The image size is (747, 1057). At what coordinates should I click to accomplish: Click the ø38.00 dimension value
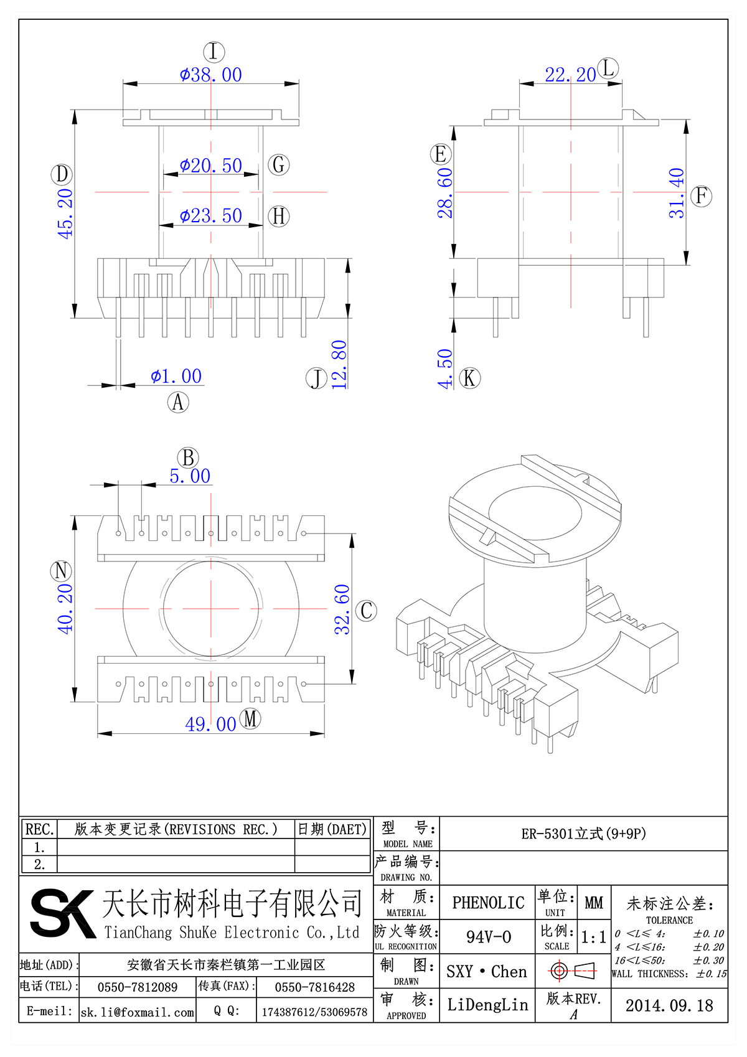point(210,75)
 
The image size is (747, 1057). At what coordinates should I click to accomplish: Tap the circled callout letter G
point(279,165)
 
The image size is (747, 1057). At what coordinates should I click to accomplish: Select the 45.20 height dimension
point(65,214)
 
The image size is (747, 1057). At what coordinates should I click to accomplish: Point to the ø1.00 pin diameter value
point(176,376)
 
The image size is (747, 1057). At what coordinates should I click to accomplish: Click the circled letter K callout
point(470,378)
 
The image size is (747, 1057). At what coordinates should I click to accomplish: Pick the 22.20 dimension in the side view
point(570,75)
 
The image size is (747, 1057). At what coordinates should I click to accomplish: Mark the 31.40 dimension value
point(677,193)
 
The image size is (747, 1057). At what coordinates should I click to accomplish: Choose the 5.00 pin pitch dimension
point(190,476)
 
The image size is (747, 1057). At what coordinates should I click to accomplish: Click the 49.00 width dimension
point(210,724)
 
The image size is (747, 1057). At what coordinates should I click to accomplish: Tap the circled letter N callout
point(61,571)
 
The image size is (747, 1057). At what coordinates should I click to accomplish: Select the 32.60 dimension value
point(342,609)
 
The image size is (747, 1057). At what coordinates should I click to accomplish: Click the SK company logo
point(62,913)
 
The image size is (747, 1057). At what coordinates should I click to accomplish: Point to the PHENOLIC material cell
point(488,903)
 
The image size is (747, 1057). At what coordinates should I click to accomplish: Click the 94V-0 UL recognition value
point(488,937)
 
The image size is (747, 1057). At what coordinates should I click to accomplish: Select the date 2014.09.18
point(669,1005)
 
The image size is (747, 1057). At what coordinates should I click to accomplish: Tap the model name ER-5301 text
point(583,834)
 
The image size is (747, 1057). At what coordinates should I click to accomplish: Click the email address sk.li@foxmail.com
point(138,1012)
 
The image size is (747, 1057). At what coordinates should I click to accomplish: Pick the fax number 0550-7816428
point(314,987)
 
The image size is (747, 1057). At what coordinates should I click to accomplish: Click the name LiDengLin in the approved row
point(487,1005)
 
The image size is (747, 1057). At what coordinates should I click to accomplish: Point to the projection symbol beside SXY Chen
point(573,970)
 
